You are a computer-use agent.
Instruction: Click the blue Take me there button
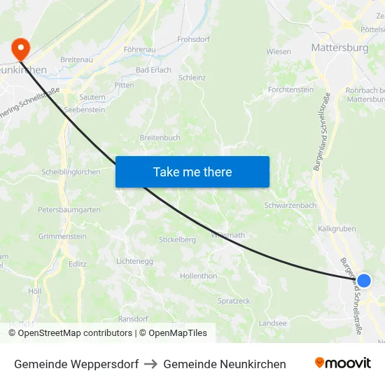(192, 171)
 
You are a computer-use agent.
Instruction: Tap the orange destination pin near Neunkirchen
(21, 48)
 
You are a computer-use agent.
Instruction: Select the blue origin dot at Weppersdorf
(364, 281)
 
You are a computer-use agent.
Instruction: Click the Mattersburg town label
(339, 48)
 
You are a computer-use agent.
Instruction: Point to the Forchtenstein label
(291, 90)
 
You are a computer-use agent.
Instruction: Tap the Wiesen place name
(279, 51)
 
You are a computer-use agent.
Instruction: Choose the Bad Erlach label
(153, 71)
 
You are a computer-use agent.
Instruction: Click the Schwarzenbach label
(290, 205)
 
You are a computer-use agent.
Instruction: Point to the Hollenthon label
(199, 276)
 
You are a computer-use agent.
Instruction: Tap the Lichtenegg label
(134, 261)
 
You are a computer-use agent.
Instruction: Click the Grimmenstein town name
(62, 237)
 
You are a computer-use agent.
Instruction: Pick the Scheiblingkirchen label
(71, 172)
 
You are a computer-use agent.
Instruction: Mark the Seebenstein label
(84, 110)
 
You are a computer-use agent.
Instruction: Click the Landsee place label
(273, 323)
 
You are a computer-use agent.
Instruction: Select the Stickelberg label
(177, 239)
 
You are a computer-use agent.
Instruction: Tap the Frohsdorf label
(194, 39)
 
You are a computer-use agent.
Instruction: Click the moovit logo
(342, 363)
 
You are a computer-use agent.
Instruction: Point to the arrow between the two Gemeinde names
(151, 364)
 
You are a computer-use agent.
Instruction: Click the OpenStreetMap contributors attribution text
(71, 332)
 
